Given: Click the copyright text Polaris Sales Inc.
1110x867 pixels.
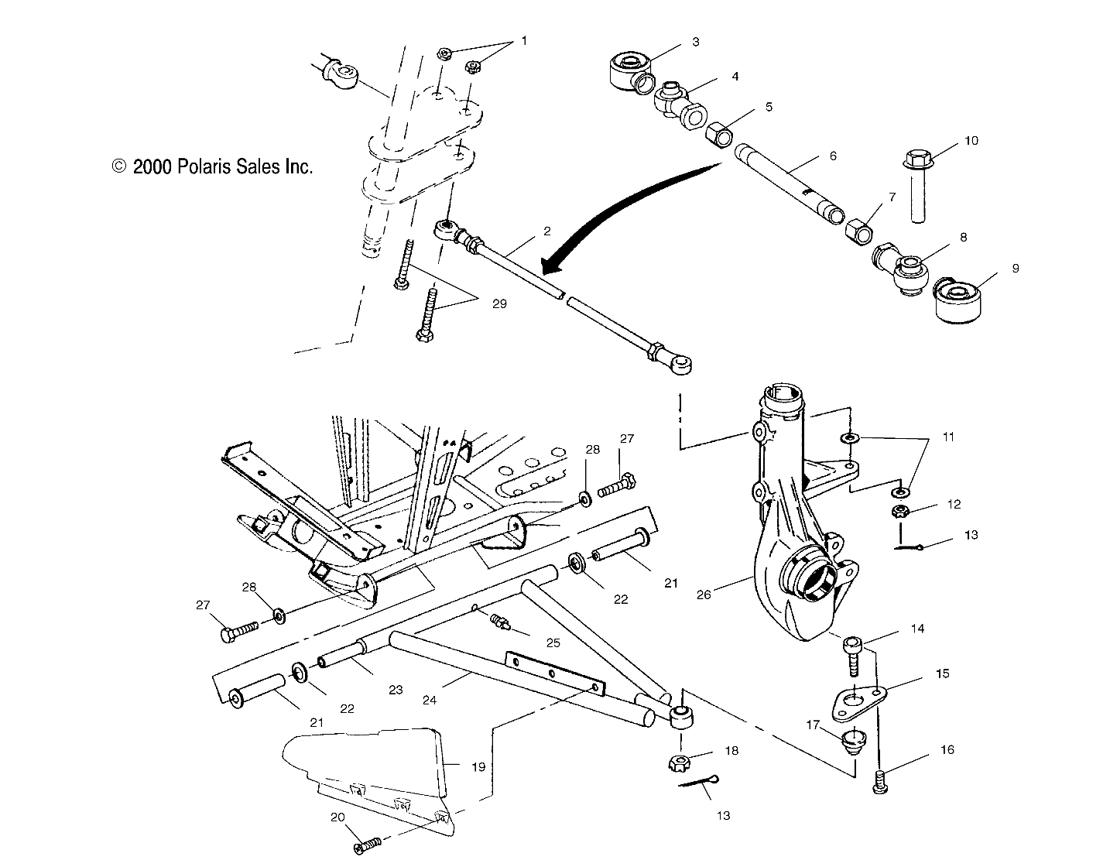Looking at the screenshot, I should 213,166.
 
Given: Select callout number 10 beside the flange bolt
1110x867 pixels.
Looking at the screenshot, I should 971,141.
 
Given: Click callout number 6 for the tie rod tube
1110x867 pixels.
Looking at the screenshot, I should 832,156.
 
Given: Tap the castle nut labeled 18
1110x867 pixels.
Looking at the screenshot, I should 679,763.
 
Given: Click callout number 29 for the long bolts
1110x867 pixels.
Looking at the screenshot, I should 498,304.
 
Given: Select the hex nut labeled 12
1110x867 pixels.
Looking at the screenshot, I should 901,511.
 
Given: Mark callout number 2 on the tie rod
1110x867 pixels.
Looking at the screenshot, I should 546,231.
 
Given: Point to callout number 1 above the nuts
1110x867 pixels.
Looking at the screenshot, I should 523,41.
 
